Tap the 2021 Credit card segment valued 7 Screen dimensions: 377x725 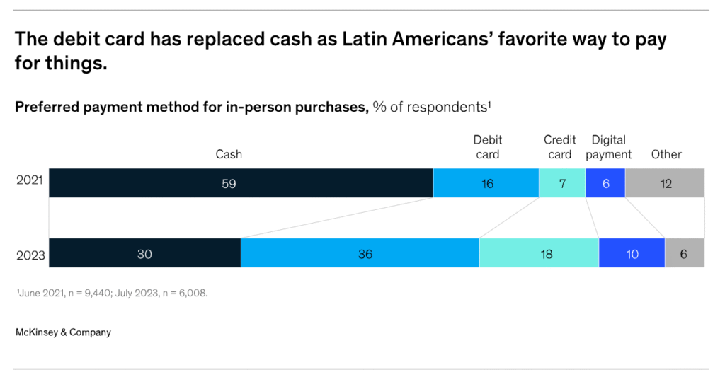(562, 183)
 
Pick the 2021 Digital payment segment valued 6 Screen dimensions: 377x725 (605, 183)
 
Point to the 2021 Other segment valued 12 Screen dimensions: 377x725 (665, 183)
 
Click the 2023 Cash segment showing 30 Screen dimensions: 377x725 (145, 253)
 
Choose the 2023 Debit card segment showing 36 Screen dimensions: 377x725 (360, 253)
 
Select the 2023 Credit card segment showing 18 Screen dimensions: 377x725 (539, 253)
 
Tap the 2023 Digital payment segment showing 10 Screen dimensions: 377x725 (632, 253)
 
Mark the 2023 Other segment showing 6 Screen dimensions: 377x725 (685, 253)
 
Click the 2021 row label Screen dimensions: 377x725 (30, 180)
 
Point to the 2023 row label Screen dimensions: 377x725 (30, 255)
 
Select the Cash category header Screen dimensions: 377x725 (229, 154)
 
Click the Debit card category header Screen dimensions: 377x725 (487, 147)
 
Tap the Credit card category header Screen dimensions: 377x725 (560, 147)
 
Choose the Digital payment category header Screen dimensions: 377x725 (609, 147)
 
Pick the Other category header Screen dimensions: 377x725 (666, 154)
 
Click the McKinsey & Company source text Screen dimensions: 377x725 (63, 332)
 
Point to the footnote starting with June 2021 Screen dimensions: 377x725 (111, 293)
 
